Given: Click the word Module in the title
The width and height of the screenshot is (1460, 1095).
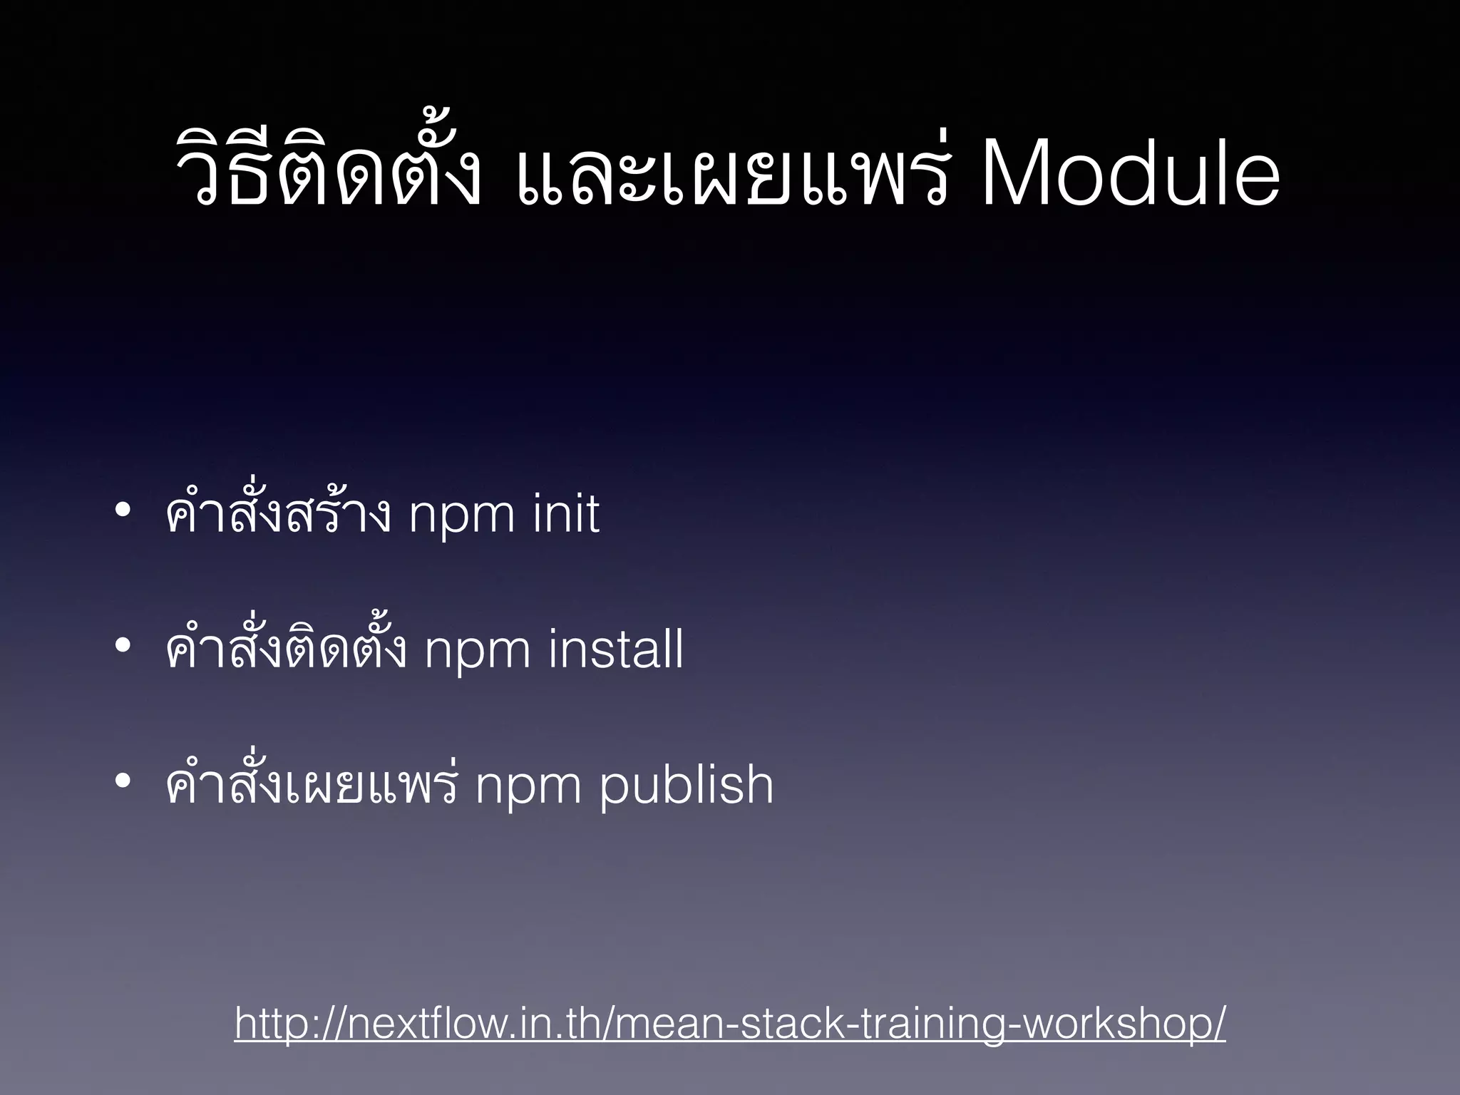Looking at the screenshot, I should click(x=1130, y=175).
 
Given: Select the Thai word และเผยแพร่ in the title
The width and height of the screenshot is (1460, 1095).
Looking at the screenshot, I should click(x=731, y=175).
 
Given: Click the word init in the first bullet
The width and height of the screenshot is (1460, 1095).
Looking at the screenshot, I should click(x=565, y=515).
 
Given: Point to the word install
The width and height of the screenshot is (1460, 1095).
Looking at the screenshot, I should click(x=616, y=650).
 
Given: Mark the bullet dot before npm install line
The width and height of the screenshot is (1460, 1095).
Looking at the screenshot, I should click(x=122, y=646).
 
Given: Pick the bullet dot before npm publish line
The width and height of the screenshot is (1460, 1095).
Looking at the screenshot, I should click(x=122, y=781).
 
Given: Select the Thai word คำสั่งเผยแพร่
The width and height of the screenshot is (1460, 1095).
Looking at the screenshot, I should click(x=310, y=784).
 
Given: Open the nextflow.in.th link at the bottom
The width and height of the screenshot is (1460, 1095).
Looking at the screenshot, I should click(x=730, y=1024).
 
